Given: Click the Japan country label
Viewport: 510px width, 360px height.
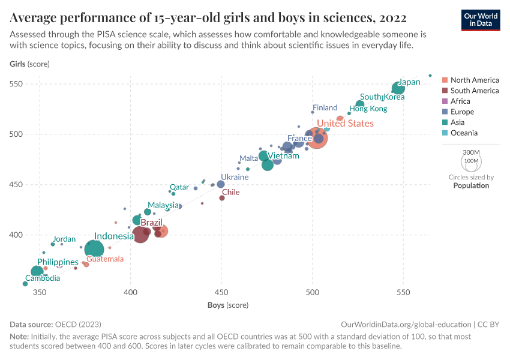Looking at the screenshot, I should pyautogui.click(x=410, y=82).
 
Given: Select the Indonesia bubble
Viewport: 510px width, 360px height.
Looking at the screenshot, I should pyautogui.click(x=95, y=248).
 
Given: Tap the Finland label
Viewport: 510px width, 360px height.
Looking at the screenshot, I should pyautogui.click(x=325, y=108).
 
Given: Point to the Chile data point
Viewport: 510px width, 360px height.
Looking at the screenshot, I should pyautogui.click(x=222, y=198).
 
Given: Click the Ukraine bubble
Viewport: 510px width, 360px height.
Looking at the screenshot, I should pyautogui.click(x=221, y=184).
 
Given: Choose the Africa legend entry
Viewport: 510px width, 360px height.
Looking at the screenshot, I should pyautogui.click(x=460, y=101).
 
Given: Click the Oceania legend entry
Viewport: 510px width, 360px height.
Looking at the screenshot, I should pyautogui.click(x=463, y=133).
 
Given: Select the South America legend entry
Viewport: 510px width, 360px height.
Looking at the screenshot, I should pyautogui.click(x=473, y=91).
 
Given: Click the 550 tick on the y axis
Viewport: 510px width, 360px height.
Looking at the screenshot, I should pyautogui.click(x=16, y=84).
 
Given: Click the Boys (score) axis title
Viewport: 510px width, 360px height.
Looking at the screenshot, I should pyautogui.click(x=228, y=305).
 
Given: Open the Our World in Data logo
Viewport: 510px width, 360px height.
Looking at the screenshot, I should pyautogui.click(x=480, y=19).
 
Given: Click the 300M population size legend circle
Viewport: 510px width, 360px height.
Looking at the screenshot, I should pyautogui.click(x=472, y=161).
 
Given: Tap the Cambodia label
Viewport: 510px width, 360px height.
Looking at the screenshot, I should pyautogui.click(x=42, y=278).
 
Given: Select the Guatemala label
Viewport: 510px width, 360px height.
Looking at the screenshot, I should pyautogui.click(x=105, y=259).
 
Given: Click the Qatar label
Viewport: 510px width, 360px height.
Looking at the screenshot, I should pyautogui.click(x=179, y=187).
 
